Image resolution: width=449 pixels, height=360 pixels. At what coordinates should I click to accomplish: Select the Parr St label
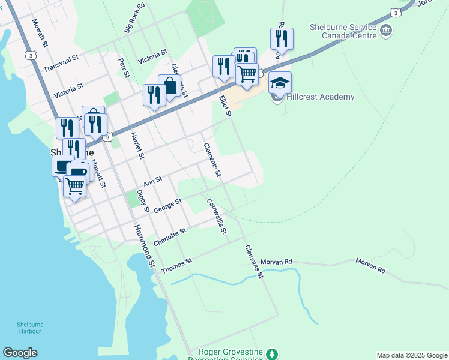click(124, 67)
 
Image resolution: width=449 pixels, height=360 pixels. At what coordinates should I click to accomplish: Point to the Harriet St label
click(138, 146)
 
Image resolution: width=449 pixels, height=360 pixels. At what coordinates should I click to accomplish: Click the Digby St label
click(143, 201)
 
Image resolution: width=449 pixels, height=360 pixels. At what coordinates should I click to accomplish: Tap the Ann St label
click(153, 181)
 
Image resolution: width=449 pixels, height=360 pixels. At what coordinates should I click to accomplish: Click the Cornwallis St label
click(216, 217)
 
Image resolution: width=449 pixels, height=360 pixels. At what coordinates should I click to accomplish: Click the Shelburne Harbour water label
click(29, 328)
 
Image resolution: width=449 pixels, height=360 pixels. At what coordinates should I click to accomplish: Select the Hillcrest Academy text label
click(321, 97)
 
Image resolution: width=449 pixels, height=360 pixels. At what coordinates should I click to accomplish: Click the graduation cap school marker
click(280, 83)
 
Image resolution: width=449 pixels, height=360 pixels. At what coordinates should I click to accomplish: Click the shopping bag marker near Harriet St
click(170, 86)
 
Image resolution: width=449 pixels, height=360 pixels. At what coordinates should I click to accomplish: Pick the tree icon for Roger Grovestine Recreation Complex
click(273, 354)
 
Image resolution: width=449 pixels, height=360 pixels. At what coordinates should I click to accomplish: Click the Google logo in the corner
click(20, 353)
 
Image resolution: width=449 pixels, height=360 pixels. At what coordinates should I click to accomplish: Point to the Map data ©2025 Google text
click(412, 355)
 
